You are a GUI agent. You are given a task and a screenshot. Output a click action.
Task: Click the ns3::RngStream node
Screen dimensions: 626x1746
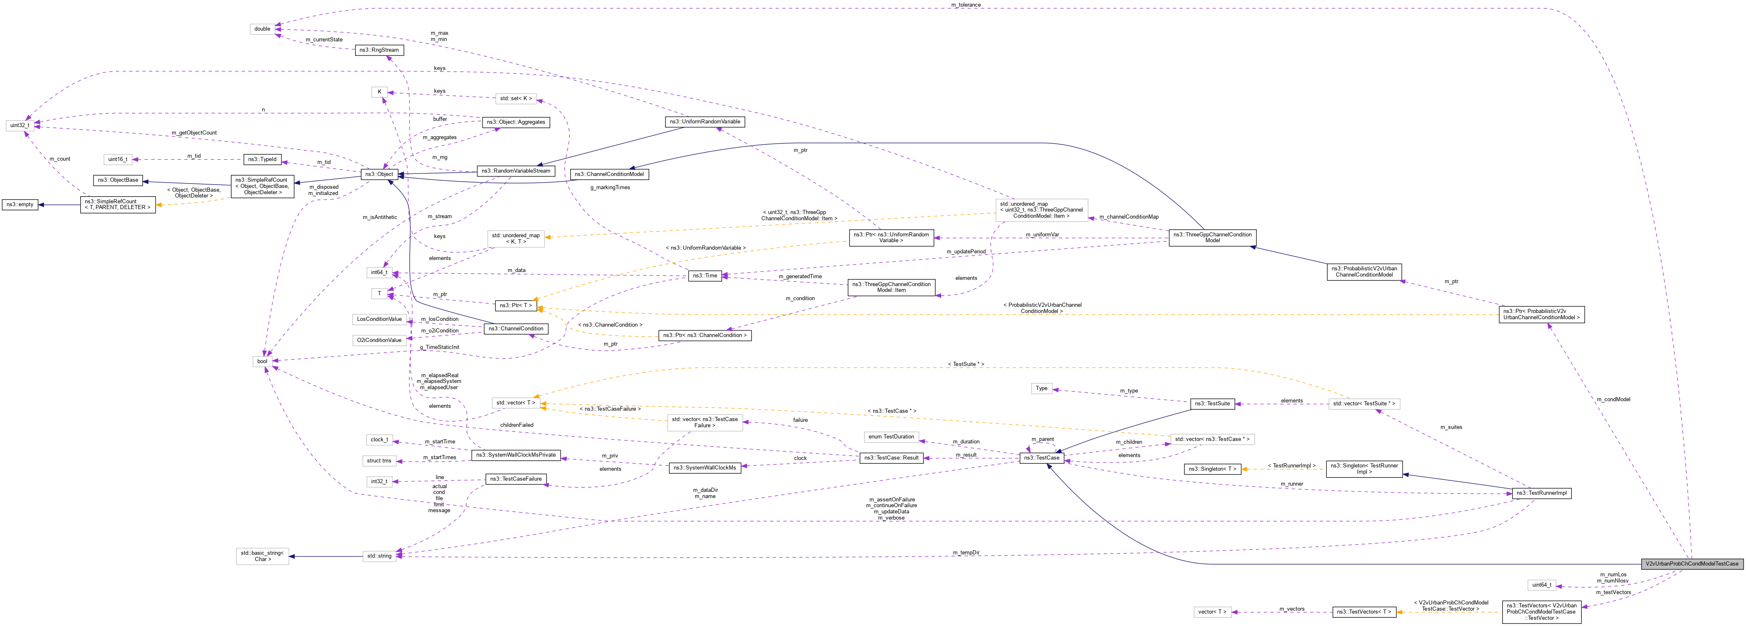pos(379,50)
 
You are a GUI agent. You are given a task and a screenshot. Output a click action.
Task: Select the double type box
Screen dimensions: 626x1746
pos(262,29)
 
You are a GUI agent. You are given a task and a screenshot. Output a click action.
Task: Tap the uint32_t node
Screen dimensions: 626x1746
pos(19,125)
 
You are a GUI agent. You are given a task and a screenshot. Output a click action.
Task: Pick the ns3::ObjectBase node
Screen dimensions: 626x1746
pos(117,181)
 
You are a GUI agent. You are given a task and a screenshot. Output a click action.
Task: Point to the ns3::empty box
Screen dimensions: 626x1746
pos(19,204)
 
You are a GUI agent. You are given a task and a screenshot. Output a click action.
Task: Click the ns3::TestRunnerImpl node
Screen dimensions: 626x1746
pos(1541,493)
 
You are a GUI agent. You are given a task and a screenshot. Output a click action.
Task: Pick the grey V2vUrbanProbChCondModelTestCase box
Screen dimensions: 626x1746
pos(1691,563)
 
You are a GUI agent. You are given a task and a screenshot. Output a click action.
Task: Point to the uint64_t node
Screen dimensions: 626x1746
pos(1541,585)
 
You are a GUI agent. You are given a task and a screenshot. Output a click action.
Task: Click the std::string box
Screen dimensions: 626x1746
pos(379,556)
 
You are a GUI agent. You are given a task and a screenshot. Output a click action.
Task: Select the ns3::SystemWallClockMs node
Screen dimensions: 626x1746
pos(704,467)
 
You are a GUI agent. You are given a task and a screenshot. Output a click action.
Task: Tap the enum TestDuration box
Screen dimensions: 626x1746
pos(891,437)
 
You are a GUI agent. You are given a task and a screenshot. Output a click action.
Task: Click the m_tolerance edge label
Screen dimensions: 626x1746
pos(965,5)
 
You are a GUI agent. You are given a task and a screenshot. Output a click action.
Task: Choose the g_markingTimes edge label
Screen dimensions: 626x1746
pos(610,187)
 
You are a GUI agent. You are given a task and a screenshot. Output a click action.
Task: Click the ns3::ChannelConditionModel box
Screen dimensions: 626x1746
pos(609,174)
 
